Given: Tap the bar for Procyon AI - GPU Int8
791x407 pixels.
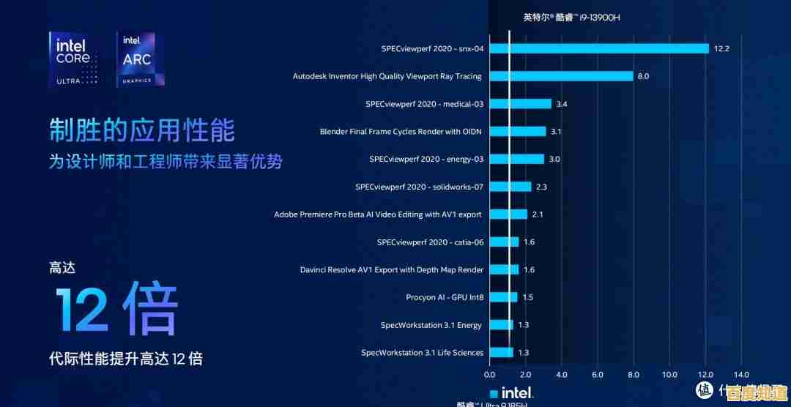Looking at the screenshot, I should point(503,297).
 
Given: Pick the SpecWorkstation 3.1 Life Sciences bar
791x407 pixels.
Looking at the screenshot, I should point(501,352).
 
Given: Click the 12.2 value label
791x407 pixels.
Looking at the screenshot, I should point(722,48).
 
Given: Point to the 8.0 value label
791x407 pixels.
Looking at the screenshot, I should point(643,76).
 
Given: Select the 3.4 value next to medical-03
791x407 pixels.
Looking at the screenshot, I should point(562,104).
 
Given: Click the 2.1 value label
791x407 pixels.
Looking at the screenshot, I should point(538,214).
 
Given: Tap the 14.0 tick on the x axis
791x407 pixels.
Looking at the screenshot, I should point(741,375).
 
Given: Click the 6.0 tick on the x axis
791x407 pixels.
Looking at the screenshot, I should point(598,375).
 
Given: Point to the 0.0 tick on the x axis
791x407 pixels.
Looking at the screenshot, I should point(490,375).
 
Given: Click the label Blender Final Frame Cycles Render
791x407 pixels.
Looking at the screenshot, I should point(401,132).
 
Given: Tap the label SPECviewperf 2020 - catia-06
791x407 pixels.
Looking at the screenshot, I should point(430,242).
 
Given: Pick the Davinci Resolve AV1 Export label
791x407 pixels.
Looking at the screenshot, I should point(392,269).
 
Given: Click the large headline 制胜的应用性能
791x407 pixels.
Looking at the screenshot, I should point(142,130).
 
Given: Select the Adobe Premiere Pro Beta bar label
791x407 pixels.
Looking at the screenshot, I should point(378,214).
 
